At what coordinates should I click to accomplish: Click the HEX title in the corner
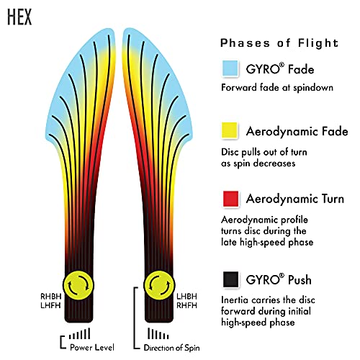19,17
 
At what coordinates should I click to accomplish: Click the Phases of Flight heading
279,43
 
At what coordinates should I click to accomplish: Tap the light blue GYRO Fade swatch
230,68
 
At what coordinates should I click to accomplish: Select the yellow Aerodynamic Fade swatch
230,130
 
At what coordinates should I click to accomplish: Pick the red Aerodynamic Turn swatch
230,199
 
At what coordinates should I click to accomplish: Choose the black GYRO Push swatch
230,279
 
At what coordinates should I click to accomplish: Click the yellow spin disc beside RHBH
78,285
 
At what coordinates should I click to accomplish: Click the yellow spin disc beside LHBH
159,285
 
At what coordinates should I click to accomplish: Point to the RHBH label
51,297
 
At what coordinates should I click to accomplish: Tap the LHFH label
50,305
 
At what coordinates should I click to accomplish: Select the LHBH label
186,297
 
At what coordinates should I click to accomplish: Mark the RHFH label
186,305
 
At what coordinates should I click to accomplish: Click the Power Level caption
92,347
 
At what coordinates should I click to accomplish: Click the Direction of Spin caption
171,348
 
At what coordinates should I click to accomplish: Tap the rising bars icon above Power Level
79,333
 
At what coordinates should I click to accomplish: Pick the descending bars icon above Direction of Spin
158,333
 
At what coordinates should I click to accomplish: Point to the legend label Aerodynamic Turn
295,199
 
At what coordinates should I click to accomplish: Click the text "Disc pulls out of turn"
264,152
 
